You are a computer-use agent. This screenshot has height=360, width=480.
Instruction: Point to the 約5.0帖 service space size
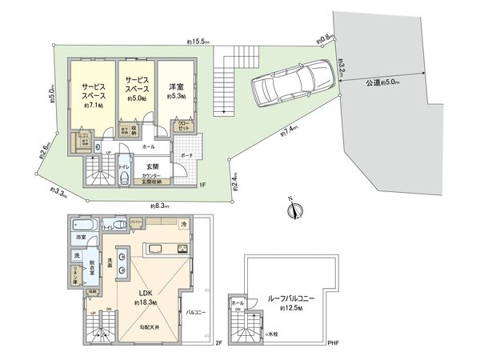pyautogui.click(x=135, y=99)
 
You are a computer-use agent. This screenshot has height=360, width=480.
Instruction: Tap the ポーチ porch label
pyautogui.click(x=186, y=156)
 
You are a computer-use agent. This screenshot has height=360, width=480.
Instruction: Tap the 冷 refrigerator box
pyautogui.click(x=183, y=223)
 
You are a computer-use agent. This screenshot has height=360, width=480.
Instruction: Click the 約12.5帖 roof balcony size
pyautogui.click(x=290, y=308)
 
